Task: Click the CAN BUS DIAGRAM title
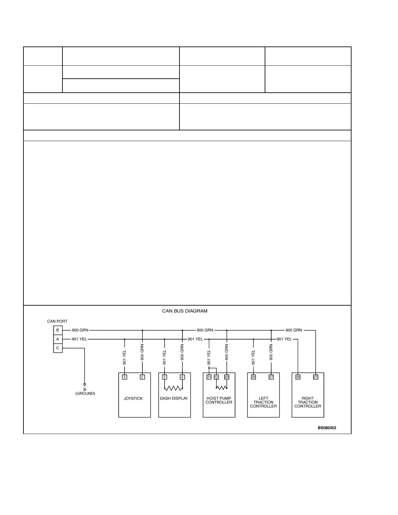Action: [x=185, y=311]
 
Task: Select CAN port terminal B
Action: [x=58, y=330]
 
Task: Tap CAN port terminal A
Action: [x=58, y=339]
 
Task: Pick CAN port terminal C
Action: [x=58, y=348]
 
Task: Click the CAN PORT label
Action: [x=57, y=322]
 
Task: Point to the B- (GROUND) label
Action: [x=85, y=391]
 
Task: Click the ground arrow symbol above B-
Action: [x=85, y=385]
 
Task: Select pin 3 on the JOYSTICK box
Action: [x=125, y=377]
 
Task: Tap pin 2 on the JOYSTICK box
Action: [x=142, y=377]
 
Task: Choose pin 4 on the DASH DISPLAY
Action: [x=182, y=377]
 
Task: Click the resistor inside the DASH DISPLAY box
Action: [x=173, y=388]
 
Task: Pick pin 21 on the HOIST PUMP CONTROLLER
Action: [x=209, y=377]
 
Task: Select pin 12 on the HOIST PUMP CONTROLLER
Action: [x=217, y=377]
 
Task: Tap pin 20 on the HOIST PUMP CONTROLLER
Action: [x=227, y=377]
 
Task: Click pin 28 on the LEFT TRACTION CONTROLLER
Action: [x=253, y=377]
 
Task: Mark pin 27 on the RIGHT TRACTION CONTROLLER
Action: [x=315, y=377]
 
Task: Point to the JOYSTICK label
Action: [x=133, y=399]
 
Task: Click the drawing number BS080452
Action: [x=327, y=428]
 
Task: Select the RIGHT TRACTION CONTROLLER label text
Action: [x=308, y=402]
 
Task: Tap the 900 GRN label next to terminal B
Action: [x=80, y=330]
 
